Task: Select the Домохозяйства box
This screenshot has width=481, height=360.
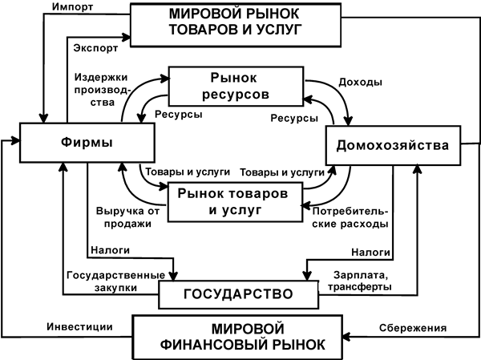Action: pos(394,146)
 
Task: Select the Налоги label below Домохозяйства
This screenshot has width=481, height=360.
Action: pos(372,250)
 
